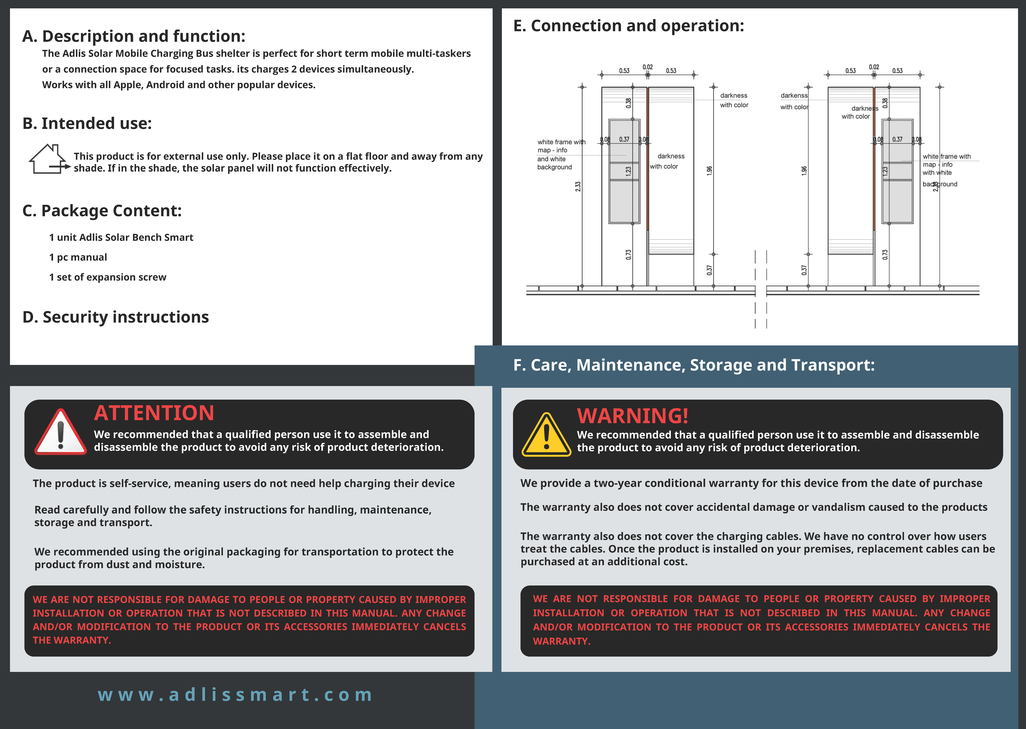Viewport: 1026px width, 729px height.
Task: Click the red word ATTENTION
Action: point(154,413)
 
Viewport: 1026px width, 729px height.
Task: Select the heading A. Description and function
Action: point(134,36)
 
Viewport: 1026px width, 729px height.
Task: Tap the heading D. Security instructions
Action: point(116,317)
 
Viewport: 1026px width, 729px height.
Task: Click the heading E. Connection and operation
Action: point(628,26)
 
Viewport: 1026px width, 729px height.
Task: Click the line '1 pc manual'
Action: point(78,257)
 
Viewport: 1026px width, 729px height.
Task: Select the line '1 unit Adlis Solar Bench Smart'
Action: point(121,237)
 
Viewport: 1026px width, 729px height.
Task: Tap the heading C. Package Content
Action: point(102,211)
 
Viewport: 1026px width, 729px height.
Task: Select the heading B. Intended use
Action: point(87,123)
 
